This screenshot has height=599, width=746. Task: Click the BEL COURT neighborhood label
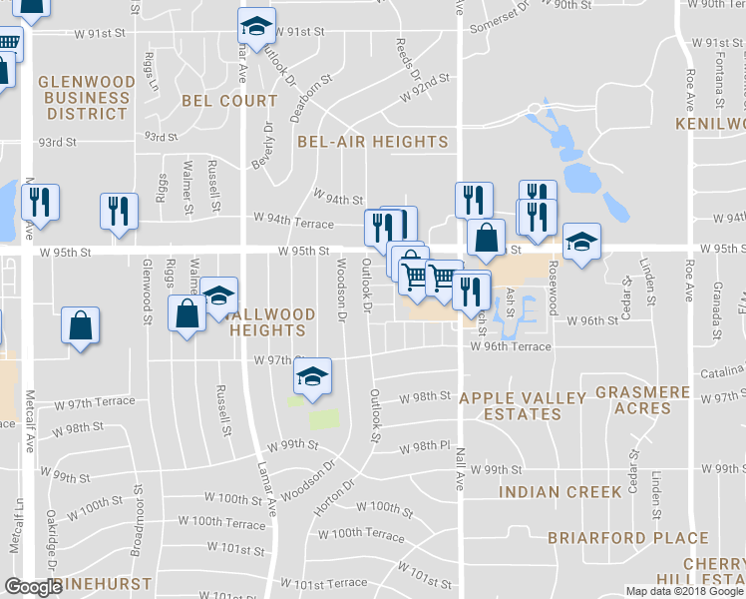(229, 101)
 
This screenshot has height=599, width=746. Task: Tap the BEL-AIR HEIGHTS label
(373, 142)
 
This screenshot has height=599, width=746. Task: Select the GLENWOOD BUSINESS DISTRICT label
(85, 98)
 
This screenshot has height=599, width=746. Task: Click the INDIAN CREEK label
(560, 491)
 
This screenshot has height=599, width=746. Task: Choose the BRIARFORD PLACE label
(628, 538)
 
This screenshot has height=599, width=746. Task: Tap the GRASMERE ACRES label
(642, 400)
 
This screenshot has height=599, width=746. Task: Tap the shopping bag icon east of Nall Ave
(485, 238)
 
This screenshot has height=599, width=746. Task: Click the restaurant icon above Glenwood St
(119, 211)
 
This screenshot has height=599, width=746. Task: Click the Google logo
(33, 587)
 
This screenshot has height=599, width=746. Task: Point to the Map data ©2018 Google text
(682, 590)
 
